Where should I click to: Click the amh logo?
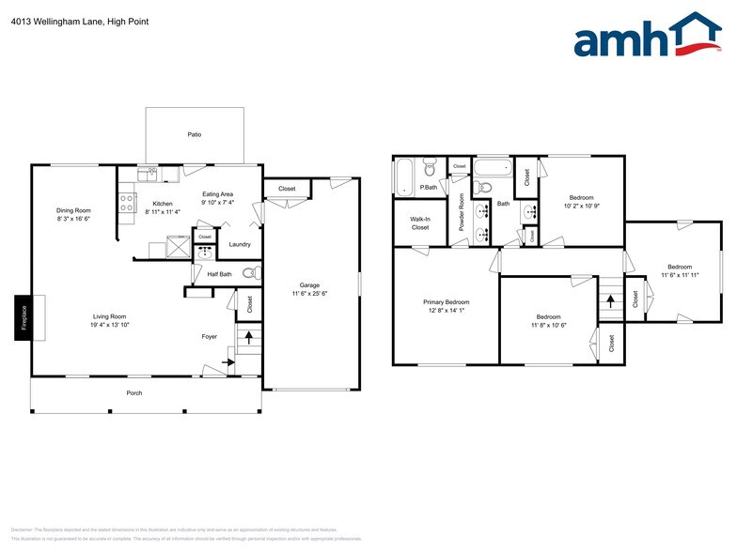[648, 37]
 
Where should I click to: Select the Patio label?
[195, 134]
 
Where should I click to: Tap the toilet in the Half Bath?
[249, 274]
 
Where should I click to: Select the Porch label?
[134, 392]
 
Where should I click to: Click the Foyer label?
[210, 336]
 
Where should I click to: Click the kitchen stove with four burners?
[127, 204]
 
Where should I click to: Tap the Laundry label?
[240, 245]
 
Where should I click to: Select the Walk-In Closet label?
[419, 222]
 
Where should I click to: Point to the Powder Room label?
[462, 211]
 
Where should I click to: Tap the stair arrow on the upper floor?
[611, 301]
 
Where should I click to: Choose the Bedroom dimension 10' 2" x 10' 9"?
[581, 206]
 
